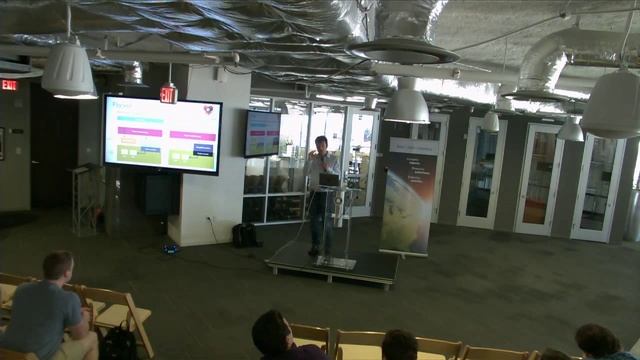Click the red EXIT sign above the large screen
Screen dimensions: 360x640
click(168, 94)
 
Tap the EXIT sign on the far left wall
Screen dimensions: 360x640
click(9, 85)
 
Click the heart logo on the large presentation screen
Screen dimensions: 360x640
click(208, 110)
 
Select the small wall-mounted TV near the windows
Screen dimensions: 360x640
click(262, 133)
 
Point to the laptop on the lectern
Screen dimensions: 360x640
click(329, 179)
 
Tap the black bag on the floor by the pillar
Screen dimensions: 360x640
click(244, 235)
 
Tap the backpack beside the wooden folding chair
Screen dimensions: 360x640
click(119, 342)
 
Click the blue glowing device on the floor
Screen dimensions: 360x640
click(171, 247)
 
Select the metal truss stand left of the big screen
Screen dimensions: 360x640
click(84, 198)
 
